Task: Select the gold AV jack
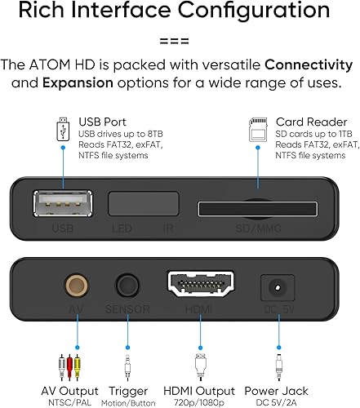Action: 78,286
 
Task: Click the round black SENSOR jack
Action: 127,286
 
